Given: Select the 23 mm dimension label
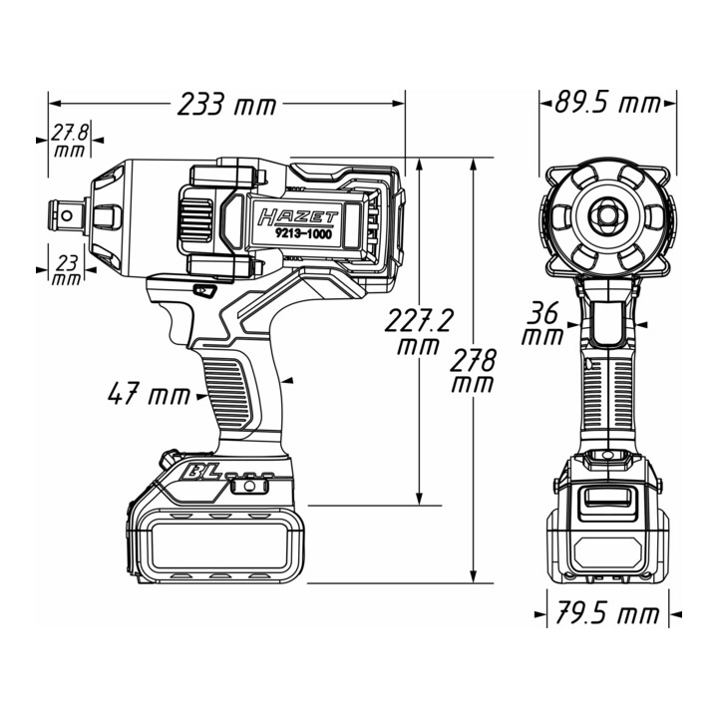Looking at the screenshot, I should pos(68,270).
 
